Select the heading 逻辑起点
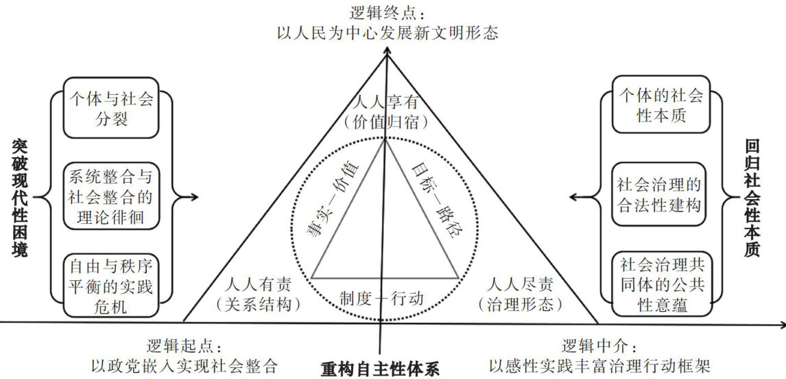[x=186, y=345]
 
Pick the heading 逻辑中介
[x=600, y=345]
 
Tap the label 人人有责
[x=259, y=283]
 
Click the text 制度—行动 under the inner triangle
[x=382, y=298]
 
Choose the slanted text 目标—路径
[x=436, y=203]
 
